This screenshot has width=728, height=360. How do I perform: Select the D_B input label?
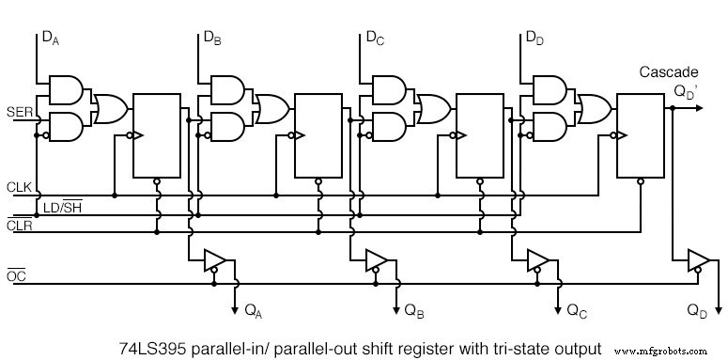(212, 39)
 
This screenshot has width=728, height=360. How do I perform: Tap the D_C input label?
(374, 39)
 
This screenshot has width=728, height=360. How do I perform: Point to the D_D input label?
(534, 39)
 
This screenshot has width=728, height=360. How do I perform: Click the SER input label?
(19, 113)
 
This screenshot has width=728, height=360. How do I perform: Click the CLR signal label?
(19, 226)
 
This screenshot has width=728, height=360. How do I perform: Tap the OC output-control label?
(16, 275)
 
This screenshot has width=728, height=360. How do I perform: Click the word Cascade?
(668, 72)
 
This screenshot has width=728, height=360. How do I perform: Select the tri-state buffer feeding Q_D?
(698, 259)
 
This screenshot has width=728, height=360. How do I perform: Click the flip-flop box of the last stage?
(642, 134)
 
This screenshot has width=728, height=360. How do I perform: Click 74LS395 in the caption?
(152, 346)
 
